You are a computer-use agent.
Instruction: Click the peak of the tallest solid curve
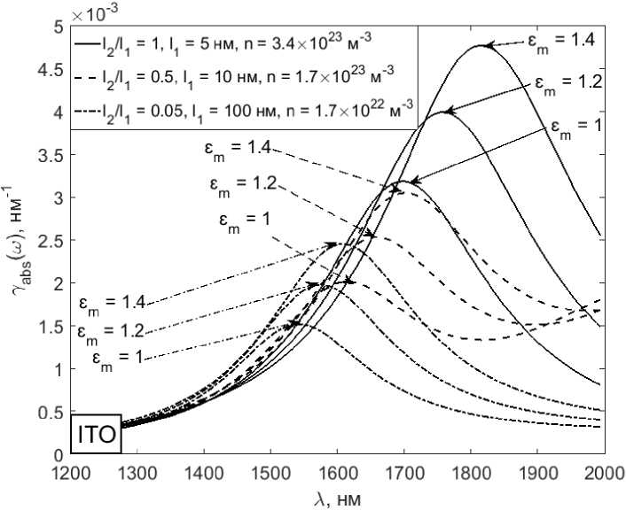[481, 46]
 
